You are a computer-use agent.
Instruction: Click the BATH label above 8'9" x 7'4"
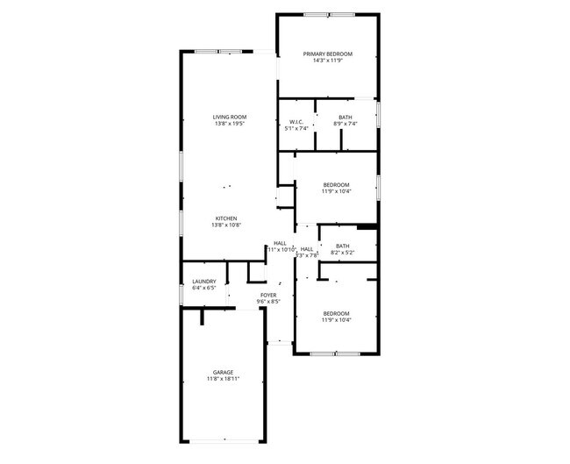coord(346,117)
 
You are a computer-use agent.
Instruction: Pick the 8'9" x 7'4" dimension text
coord(346,124)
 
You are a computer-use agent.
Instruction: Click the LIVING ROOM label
coord(229,117)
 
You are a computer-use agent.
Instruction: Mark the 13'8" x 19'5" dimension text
coord(229,124)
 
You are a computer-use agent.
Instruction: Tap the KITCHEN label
coord(225,218)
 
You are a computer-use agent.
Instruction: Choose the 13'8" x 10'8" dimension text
coord(225,225)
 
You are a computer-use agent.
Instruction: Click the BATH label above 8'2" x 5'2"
coord(342,246)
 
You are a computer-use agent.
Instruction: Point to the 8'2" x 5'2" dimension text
coord(342,253)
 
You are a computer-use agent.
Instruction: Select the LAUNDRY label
coord(203,282)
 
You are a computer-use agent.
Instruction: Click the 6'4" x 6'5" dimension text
coord(203,289)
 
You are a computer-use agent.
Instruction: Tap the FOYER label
coord(267,295)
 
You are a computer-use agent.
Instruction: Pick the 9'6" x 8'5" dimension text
coord(267,302)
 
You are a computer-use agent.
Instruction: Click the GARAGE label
coord(223,372)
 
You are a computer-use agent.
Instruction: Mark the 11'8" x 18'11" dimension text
coord(223,379)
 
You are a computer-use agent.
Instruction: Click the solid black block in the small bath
coord(367,227)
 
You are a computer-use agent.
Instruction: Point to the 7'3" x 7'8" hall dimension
coord(307,256)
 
